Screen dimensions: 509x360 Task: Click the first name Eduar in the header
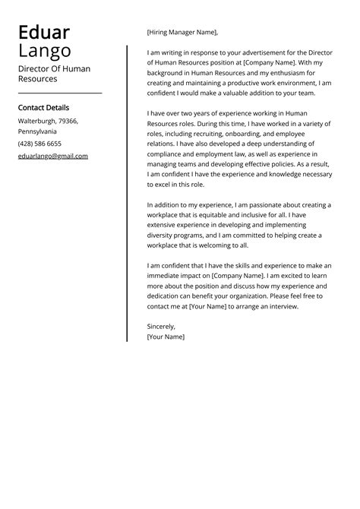coord(43,33)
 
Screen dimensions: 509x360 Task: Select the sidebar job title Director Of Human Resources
coord(54,74)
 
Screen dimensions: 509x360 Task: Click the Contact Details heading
coord(43,108)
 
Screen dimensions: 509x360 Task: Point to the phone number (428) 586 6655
coord(39,144)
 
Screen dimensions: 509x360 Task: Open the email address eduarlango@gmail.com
coord(53,156)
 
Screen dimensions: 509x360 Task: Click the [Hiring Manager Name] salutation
coord(182,33)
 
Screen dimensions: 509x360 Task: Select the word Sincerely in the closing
coord(161,326)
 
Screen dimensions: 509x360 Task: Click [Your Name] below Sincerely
coord(166,336)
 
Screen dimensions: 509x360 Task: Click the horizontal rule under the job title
coord(59,93)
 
